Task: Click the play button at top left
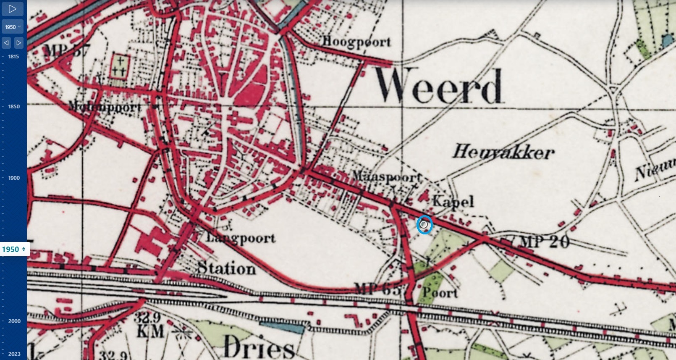(12, 8)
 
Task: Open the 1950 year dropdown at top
(13, 27)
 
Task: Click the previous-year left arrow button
(6, 43)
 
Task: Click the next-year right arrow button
(19, 43)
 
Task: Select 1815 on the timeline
(13, 57)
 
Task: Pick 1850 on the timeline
(13, 107)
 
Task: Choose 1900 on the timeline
(13, 178)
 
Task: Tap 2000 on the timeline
(14, 321)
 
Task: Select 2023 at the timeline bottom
(14, 354)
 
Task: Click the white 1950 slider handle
(14, 250)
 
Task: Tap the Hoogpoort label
(356, 42)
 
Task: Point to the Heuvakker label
(503, 152)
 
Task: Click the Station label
(226, 268)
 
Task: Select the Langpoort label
(241, 238)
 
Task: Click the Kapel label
(453, 201)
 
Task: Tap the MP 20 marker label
(544, 242)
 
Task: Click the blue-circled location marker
(424, 225)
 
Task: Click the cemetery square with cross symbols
(119, 66)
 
